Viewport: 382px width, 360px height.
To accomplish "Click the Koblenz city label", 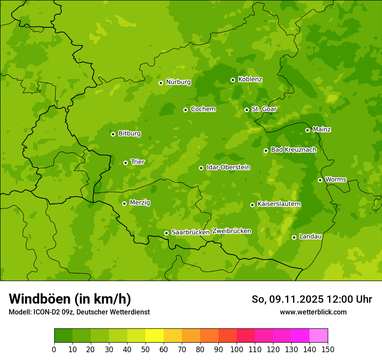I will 250,79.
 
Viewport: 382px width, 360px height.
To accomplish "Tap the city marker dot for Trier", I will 125,163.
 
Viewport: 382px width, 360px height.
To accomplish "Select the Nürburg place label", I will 178,82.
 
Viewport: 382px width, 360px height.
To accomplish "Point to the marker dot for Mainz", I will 307,130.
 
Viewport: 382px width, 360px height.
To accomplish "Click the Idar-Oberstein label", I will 228,167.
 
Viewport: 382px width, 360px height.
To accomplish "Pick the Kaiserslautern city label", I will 279,204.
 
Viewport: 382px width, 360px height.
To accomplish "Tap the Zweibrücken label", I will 231,231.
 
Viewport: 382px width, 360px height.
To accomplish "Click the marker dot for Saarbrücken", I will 166,233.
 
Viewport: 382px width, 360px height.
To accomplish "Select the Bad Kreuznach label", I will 293,150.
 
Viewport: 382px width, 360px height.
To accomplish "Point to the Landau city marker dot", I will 294,237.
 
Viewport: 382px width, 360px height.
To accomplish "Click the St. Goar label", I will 264,109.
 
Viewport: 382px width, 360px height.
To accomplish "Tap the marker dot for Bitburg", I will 113,134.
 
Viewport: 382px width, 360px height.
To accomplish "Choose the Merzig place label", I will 140,203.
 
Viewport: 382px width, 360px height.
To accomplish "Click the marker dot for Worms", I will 320,180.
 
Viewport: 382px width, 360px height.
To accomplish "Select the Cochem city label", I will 203,109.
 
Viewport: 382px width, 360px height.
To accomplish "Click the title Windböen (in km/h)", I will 70,299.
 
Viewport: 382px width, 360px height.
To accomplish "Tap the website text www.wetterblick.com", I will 313,312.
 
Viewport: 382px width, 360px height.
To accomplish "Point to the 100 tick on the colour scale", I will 237,349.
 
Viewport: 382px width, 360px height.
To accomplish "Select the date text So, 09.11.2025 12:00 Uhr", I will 312,299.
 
